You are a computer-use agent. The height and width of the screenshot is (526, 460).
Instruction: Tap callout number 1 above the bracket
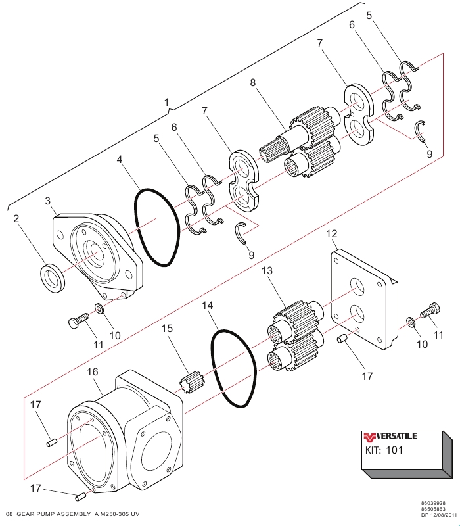tap(167, 103)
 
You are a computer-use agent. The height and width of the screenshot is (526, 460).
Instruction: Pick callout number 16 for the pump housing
tap(93, 371)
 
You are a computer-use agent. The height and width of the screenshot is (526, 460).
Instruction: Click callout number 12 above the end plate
tap(332, 234)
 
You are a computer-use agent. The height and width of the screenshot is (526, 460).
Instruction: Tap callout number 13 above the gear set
tap(267, 270)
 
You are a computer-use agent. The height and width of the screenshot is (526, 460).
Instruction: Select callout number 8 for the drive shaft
tap(253, 83)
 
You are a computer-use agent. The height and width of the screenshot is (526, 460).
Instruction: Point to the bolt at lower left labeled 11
tap(78, 320)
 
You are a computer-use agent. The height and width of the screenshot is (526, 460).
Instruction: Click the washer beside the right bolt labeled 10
tap(411, 322)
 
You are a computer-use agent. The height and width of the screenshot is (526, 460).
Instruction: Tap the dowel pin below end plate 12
tap(342, 339)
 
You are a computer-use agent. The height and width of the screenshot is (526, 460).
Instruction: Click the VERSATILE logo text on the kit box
tap(396, 436)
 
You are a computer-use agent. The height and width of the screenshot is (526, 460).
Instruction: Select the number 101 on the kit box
tap(394, 450)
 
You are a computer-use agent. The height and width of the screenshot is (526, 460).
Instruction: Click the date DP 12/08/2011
tap(439, 515)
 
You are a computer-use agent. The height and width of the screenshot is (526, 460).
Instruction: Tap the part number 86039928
tap(433, 503)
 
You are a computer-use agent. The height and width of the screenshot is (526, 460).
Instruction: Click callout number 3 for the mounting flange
tap(47, 201)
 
